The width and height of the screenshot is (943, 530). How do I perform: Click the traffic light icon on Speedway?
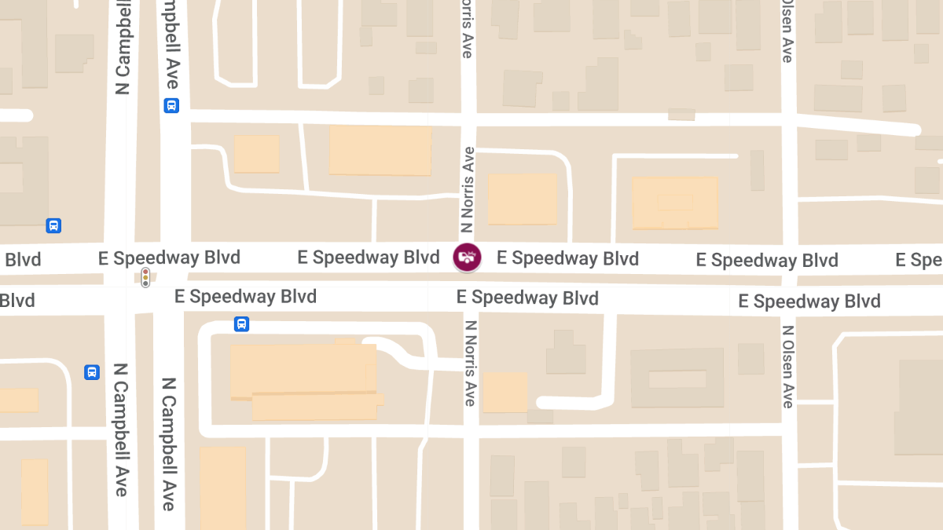pos(145,276)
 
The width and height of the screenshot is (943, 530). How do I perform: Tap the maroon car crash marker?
pos(467,258)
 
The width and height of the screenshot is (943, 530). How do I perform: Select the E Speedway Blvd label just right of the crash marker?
pos(567,258)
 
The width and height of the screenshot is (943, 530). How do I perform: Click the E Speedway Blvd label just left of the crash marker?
pos(369,258)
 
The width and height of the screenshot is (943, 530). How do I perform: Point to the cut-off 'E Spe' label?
pos(919,260)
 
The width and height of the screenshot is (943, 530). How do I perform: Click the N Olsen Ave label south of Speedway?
pos(788,366)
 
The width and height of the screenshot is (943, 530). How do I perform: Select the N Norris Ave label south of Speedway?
pos(470,363)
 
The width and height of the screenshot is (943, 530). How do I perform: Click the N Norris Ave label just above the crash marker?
pos(468,190)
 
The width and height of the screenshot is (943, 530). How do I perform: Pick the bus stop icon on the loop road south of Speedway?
pos(241,323)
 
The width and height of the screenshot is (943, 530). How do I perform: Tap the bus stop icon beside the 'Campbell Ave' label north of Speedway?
pos(171,105)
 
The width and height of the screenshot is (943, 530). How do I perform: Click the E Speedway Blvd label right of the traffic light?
pos(245,296)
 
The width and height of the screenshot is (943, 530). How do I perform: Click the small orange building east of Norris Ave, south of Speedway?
pos(505,392)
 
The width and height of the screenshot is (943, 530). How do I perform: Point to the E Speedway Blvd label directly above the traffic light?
pos(169,258)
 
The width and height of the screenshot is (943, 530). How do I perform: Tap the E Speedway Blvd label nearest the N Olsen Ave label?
pos(809,302)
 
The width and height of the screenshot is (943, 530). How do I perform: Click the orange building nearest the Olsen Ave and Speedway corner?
pos(675,203)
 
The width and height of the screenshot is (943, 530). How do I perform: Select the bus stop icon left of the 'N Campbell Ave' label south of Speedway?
pos(92,372)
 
